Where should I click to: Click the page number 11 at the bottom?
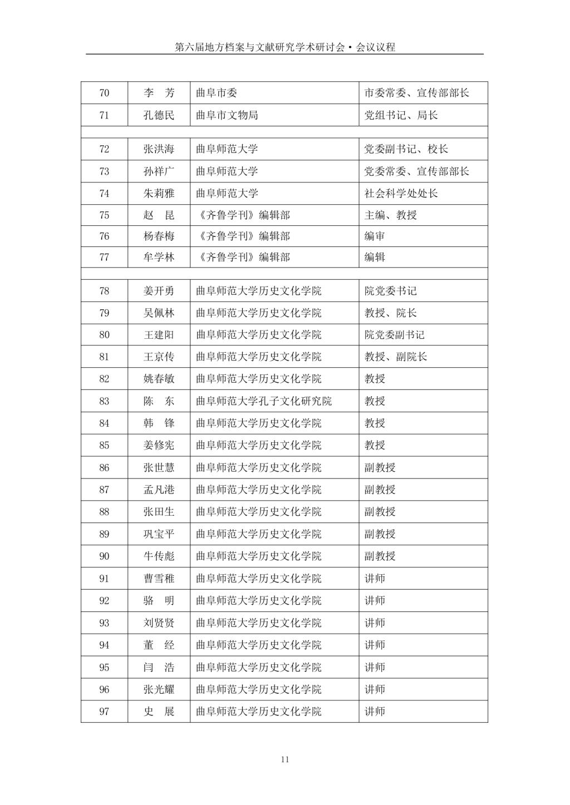285,760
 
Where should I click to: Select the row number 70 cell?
104,93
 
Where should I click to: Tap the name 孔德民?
159,115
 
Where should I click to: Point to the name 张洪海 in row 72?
159,149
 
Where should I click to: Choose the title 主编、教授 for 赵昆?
390,215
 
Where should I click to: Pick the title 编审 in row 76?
375,236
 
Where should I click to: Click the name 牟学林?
159,257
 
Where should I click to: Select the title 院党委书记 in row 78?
390,291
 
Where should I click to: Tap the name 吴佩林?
159,313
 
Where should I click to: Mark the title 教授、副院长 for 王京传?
396,357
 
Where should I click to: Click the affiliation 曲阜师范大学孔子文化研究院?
264,401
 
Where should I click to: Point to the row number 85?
104,445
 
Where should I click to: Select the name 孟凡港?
159,490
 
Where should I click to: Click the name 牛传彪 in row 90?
159,556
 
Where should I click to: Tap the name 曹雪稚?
159,579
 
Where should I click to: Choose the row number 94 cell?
104,645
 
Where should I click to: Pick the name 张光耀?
159,689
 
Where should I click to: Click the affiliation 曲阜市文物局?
227,115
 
